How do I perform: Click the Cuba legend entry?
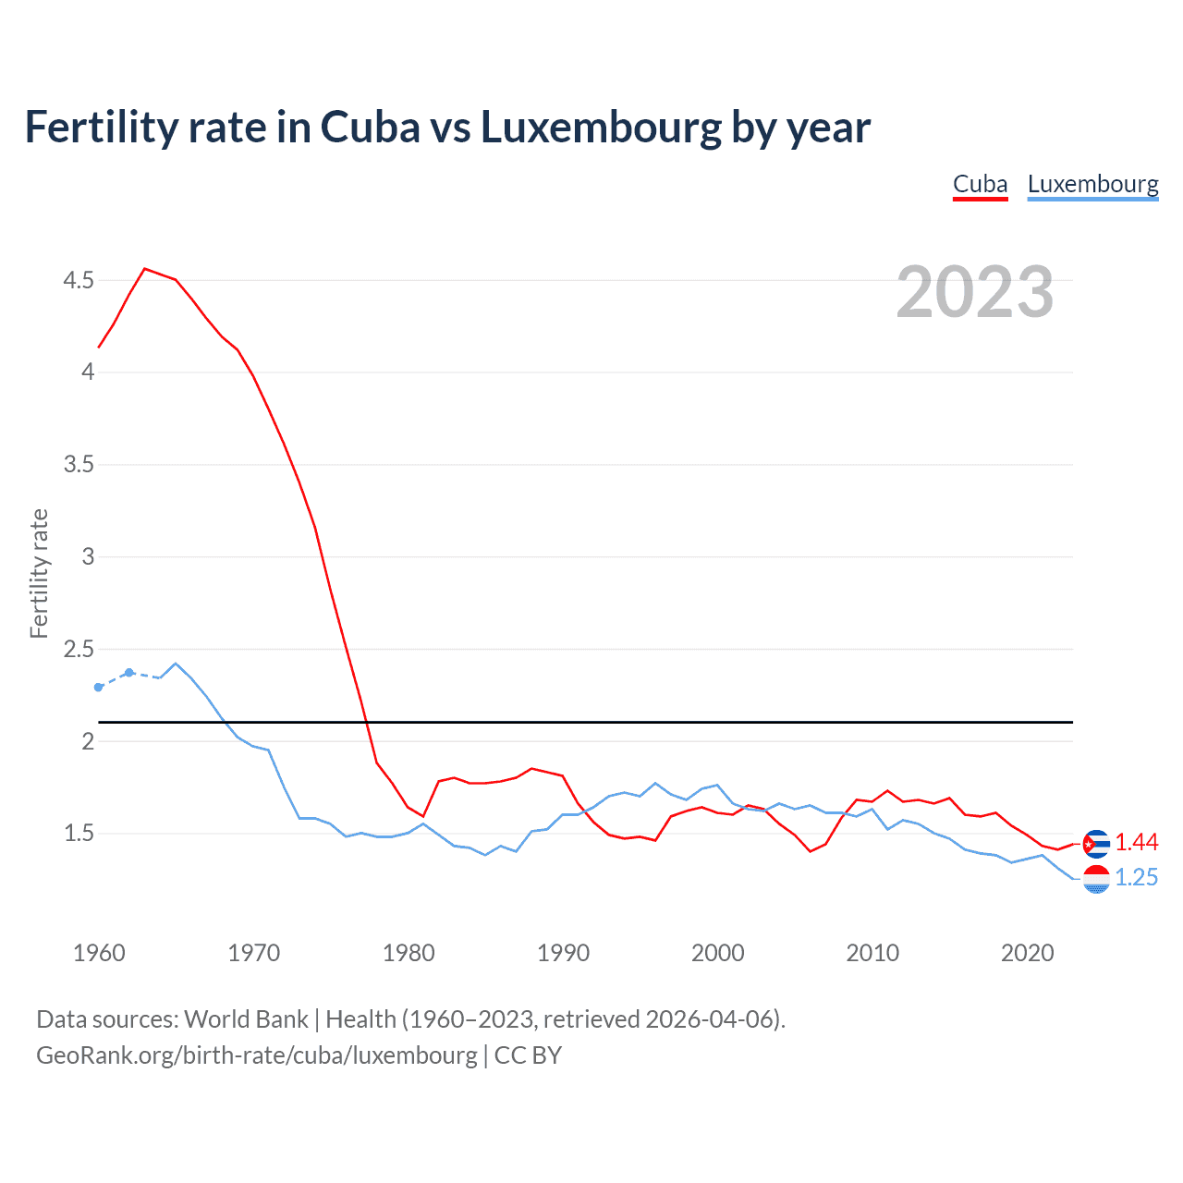click(980, 185)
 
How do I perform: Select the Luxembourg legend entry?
click(1092, 185)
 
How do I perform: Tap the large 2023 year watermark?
click(974, 292)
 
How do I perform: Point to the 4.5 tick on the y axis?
click(79, 280)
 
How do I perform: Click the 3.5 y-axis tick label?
click(79, 464)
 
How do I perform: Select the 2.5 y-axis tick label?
click(79, 649)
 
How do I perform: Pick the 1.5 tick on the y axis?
click(79, 834)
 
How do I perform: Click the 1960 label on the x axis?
click(99, 953)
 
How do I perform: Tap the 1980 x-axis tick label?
click(409, 953)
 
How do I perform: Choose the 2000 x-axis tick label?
click(717, 953)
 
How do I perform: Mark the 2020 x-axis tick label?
click(1027, 953)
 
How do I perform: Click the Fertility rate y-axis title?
click(39, 573)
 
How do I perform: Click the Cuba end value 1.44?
click(1136, 843)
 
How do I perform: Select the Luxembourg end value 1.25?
click(1136, 878)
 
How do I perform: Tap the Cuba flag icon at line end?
click(1096, 844)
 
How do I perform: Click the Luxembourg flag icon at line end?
click(1096, 879)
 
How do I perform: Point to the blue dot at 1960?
click(99, 687)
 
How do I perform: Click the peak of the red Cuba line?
click(145, 269)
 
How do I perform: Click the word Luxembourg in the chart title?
click(601, 128)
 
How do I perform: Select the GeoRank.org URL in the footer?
click(257, 1055)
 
